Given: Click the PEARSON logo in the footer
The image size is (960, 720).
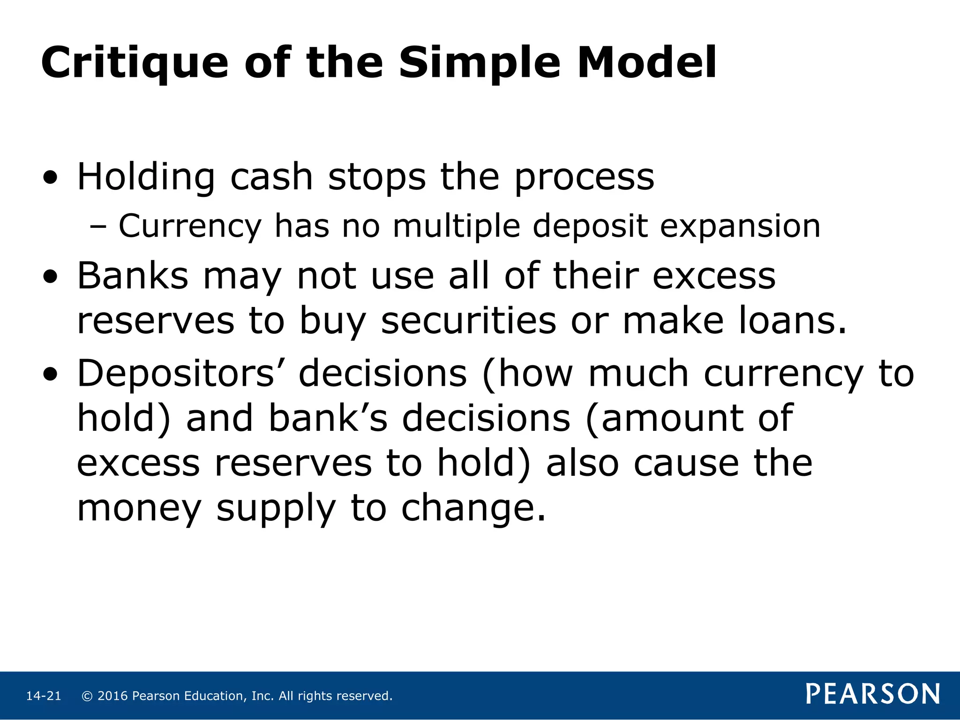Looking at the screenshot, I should click(x=873, y=694).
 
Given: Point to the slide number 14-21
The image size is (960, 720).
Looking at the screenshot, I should click(x=44, y=696).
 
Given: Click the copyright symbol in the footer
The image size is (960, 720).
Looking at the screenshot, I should click(x=87, y=696).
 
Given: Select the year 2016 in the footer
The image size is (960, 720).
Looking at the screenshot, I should click(x=112, y=696).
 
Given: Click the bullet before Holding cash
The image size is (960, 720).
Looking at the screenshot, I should click(x=50, y=179).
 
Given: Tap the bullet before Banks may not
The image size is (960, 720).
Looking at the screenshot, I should click(x=50, y=277).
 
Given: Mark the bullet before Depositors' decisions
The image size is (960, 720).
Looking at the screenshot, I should click(x=50, y=375).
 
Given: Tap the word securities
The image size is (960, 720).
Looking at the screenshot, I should click(x=468, y=321).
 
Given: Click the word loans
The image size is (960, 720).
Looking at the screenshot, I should click(x=793, y=321).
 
